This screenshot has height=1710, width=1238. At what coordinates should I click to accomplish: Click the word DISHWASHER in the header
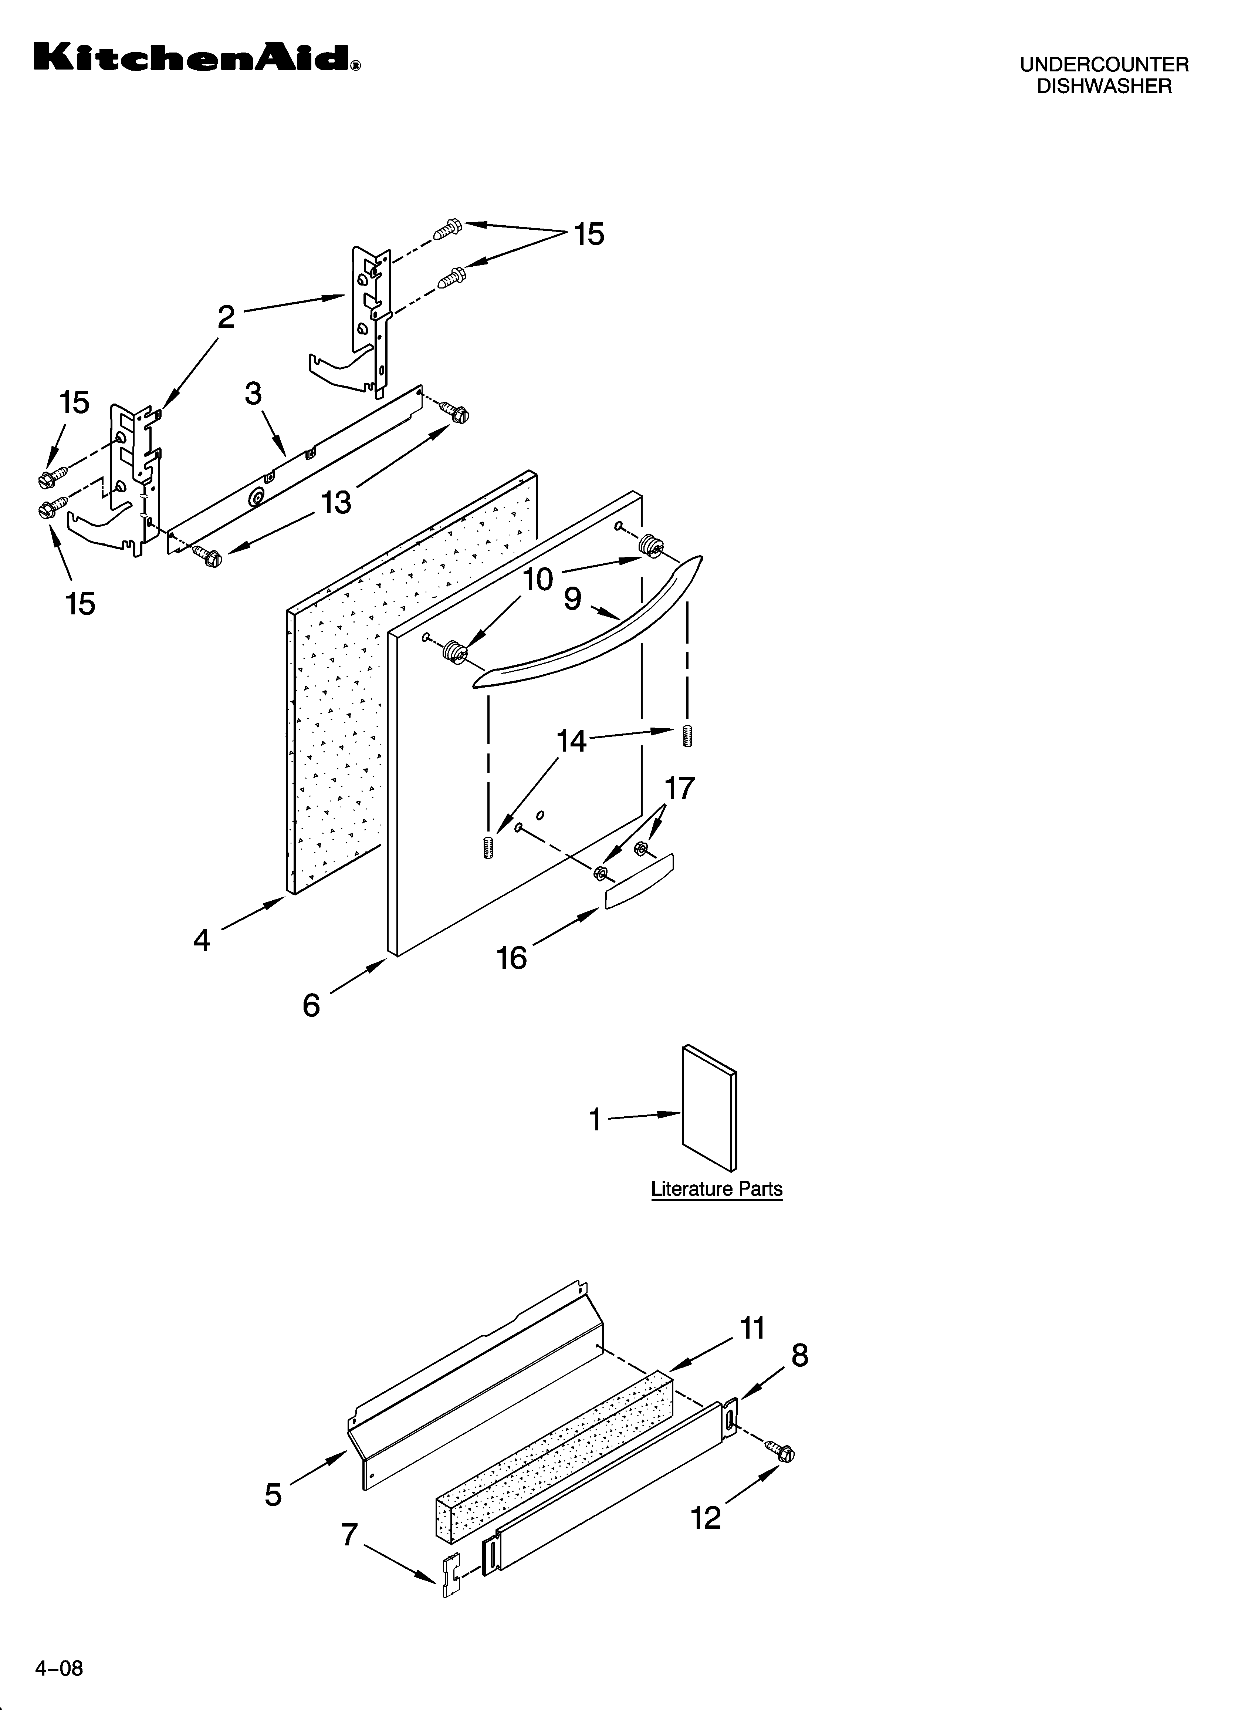coord(1104,87)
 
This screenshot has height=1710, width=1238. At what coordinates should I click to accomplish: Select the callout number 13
coord(336,502)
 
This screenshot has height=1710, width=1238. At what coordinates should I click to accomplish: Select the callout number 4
coord(201,940)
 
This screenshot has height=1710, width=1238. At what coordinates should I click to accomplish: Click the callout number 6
coord(311,1006)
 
